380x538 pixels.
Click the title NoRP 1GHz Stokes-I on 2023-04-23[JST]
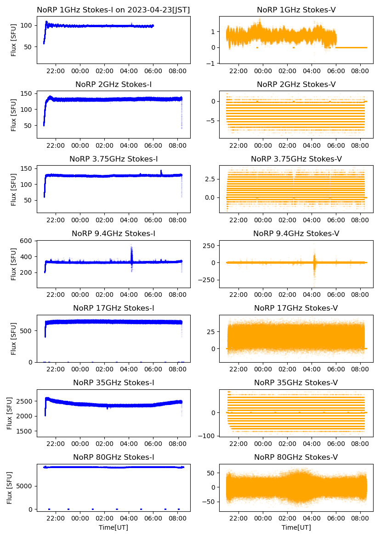tap(113, 10)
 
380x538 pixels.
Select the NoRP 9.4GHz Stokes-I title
tap(113, 234)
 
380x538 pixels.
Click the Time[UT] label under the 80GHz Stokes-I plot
tap(113, 527)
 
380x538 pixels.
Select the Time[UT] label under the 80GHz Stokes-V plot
tap(296, 527)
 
